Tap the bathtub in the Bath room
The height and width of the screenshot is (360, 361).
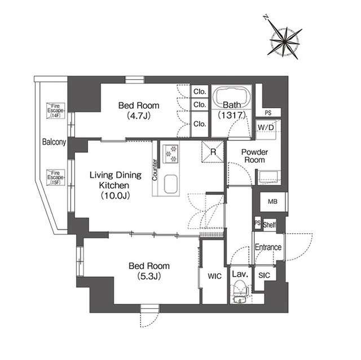click(x=232, y=96)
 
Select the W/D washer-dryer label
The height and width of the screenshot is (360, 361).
click(x=266, y=127)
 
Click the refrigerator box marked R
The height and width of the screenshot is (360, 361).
click(x=213, y=152)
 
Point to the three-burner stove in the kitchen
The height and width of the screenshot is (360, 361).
click(x=170, y=154)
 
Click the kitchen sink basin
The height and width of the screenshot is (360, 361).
click(x=170, y=184)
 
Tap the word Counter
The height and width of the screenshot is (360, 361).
click(x=155, y=170)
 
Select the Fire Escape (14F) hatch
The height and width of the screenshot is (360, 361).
click(x=55, y=110)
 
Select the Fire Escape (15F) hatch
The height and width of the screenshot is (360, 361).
click(x=55, y=177)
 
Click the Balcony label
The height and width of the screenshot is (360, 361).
click(x=54, y=142)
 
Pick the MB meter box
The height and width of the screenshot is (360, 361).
click(x=272, y=202)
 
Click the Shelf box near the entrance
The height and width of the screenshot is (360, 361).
click(x=269, y=225)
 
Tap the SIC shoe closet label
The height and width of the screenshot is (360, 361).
click(x=264, y=275)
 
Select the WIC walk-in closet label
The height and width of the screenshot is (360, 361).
click(x=214, y=276)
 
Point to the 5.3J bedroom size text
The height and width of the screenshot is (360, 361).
click(x=149, y=276)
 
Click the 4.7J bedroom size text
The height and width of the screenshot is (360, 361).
click(x=139, y=115)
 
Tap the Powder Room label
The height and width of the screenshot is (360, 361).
click(x=254, y=156)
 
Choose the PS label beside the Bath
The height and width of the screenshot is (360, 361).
click(x=268, y=113)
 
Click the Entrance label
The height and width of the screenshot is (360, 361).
click(x=268, y=247)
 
